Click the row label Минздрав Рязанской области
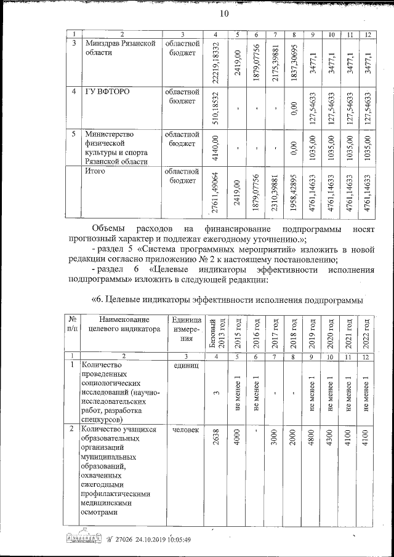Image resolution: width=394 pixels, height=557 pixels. click(117, 49)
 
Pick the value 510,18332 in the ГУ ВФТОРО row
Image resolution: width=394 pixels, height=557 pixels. click(215, 107)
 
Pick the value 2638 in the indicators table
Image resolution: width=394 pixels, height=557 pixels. click(215, 437)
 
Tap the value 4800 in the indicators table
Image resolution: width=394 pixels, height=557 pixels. click(313, 437)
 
